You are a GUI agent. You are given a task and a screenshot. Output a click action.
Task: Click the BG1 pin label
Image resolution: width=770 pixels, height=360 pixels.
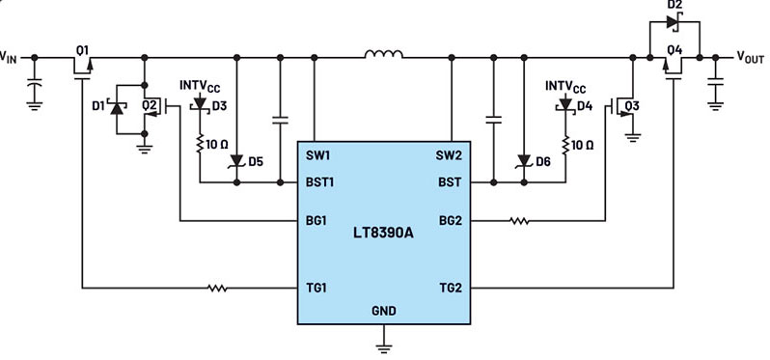tap(317, 221)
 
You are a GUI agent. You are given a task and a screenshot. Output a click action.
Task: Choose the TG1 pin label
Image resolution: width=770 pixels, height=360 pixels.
tap(317, 288)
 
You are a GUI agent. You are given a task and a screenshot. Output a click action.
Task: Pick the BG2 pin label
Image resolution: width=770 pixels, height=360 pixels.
tap(451, 221)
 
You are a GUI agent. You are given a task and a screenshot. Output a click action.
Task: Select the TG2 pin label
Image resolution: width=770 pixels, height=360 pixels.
tap(451, 288)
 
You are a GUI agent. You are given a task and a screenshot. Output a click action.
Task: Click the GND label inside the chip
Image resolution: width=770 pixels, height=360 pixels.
tap(384, 311)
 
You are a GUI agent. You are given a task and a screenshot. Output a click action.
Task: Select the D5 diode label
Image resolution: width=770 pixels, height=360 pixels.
tap(256, 162)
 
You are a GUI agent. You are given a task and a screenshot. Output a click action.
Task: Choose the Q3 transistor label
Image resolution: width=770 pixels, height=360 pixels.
tap(632, 104)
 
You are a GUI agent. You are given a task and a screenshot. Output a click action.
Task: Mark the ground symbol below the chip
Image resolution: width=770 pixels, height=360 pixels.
tap(384, 343)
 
